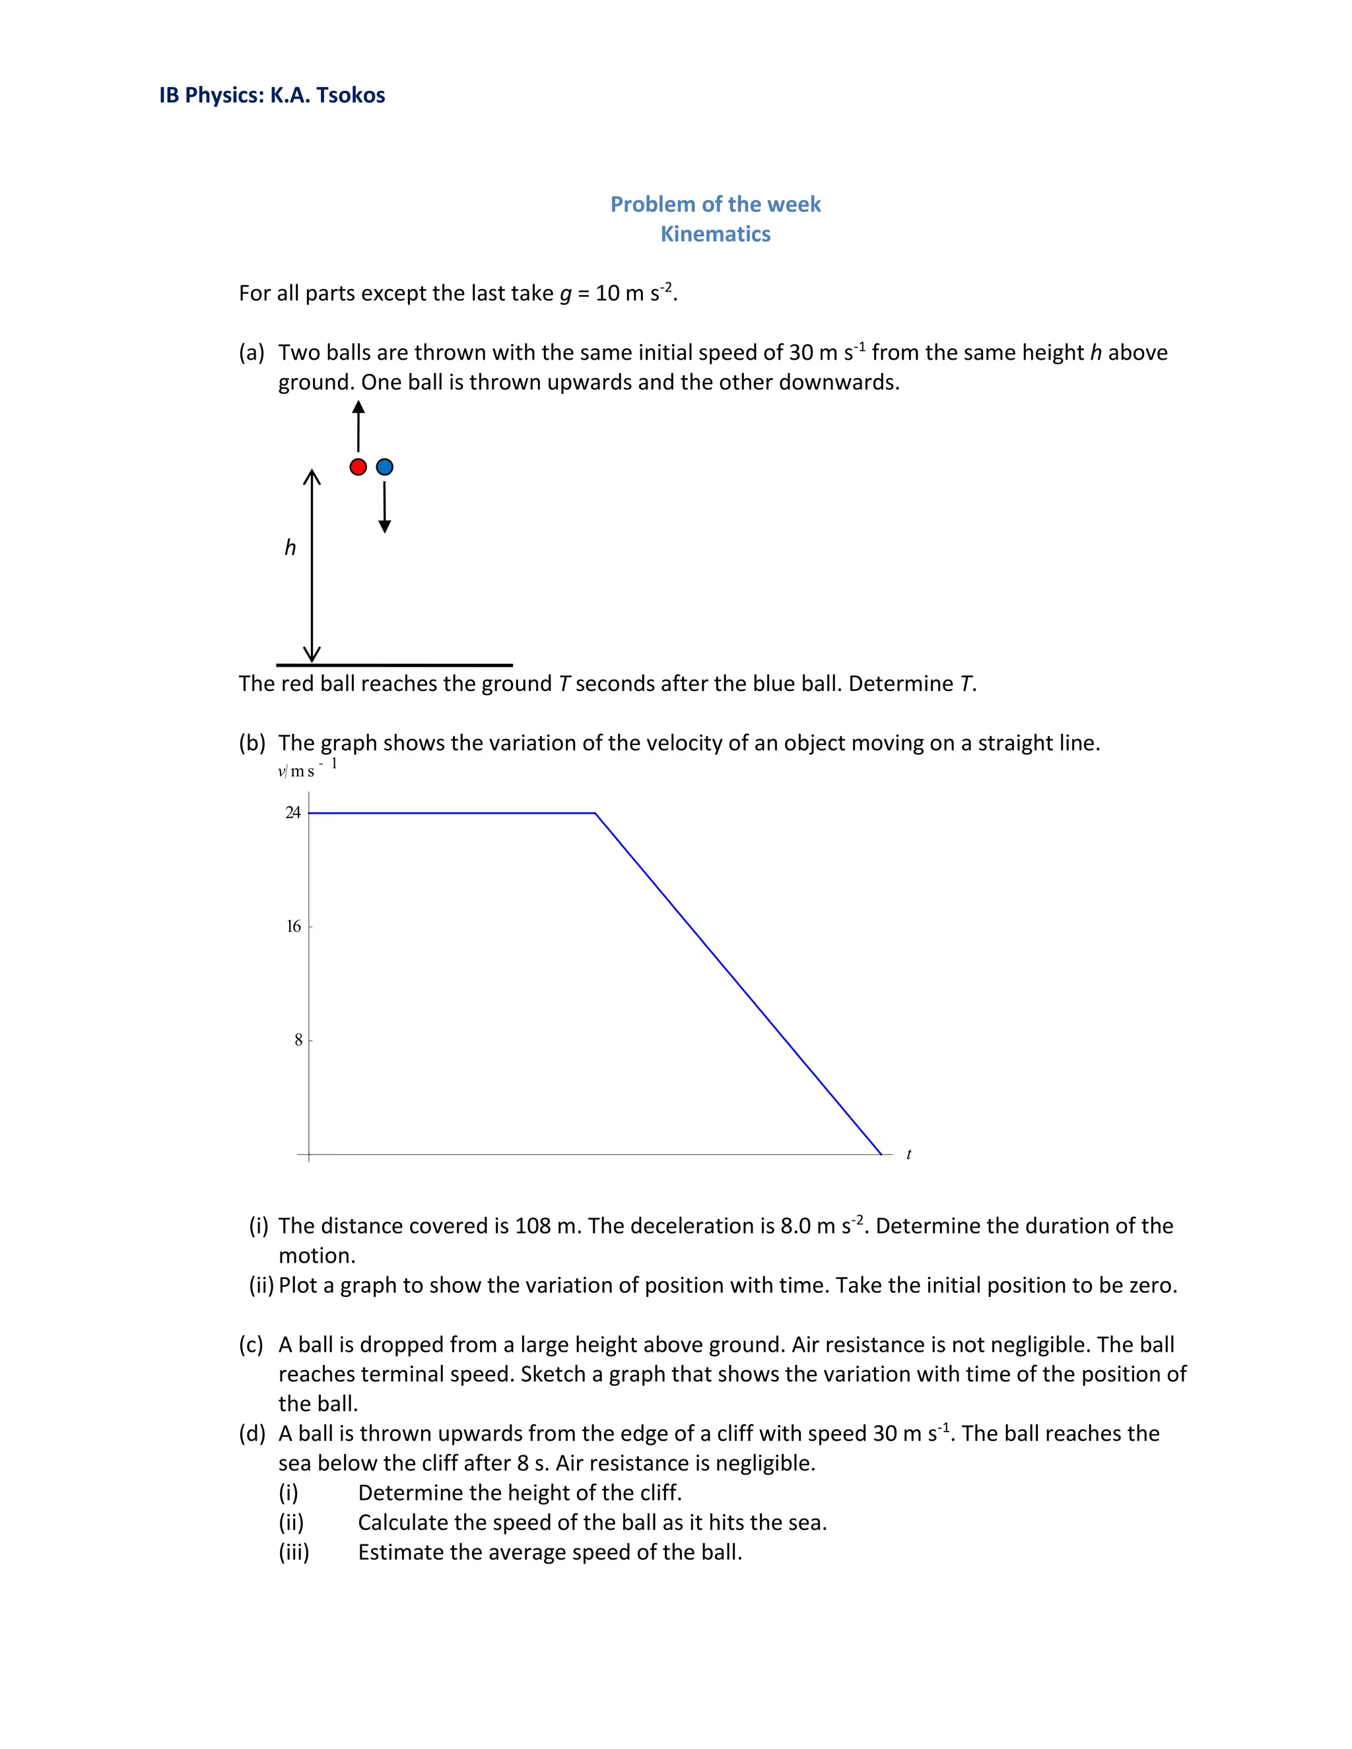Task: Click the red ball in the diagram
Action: coord(358,467)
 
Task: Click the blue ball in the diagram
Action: coord(384,467)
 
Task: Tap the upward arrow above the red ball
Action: coord(358,426)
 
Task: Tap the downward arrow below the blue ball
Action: coord(384,507)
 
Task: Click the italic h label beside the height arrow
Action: coord(290,548)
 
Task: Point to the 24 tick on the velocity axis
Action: coord(294,813)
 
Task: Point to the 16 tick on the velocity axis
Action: coord(294,927)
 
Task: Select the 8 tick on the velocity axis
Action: coord(298,1040)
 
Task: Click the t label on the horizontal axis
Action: coord(908,1154)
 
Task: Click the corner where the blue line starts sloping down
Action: coord(595,813)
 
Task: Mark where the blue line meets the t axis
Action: coord(881,1154)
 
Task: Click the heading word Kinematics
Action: coord(715,234)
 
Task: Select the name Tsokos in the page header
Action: coord(350,95)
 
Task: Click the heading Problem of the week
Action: coord(715,204)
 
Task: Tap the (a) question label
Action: coord(252,353)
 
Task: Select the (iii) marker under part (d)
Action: coord(293,1552)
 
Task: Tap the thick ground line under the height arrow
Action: coord(394,665)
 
